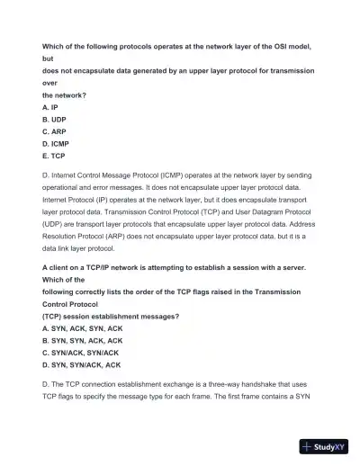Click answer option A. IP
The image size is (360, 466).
[x=50, y=106]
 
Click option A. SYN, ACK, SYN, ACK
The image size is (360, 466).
[x=82, y=329]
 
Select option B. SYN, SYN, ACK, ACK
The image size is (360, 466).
[x=82, y=341]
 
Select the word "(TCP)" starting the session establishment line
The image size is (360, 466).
[x=54, y=317]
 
